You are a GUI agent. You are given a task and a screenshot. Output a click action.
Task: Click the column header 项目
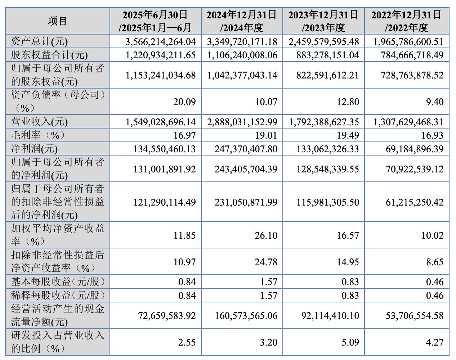[x=57, y=21]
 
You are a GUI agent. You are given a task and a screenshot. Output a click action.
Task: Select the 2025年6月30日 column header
[x=155, y=21]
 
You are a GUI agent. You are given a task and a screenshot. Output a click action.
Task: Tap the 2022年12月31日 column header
[x=407, y=21]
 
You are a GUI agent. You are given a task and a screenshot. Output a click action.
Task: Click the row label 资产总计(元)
[x=40, y=42]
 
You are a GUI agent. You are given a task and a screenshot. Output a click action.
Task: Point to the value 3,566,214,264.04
[x=161, y=42]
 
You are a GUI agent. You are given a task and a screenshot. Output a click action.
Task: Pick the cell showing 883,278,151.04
[x=328, y=55]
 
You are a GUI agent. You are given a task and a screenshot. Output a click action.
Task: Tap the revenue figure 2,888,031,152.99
[x=242, y=122]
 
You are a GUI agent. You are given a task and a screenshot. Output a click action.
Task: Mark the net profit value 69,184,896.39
[x=415, y=149]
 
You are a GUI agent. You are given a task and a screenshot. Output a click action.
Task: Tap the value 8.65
[x=435, y=262]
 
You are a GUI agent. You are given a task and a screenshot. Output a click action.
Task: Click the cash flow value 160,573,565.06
[x=246, y=316]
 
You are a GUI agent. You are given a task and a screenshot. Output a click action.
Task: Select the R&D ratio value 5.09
[x=350, y=342]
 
